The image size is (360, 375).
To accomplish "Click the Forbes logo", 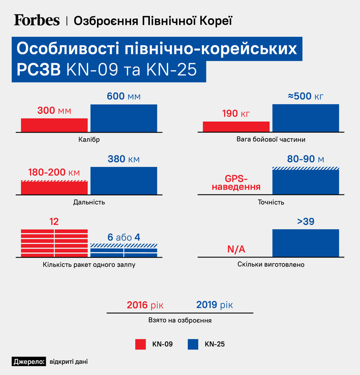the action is tap(37, 20).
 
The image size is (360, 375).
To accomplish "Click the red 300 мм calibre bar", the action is tap(54, 125).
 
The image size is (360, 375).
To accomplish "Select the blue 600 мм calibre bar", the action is tap(124, 118).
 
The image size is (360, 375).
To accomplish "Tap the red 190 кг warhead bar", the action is tap(236, 127).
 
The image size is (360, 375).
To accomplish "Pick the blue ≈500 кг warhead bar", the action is tap(305, 118).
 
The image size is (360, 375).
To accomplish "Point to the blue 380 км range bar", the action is tap(124, 181).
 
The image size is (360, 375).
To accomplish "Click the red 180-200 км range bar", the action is tap(54, 188).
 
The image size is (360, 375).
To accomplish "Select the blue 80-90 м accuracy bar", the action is tap(305, 181).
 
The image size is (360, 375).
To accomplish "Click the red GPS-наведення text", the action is tap(236, 183).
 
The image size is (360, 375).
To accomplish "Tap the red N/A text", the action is tap(236, 249).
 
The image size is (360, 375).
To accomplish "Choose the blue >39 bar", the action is tap(305, 243).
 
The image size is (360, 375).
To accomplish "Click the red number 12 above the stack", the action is tap(54, 222).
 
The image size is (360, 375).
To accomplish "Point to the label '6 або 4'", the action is tap(124, 237).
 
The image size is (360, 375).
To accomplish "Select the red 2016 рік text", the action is tap(145, 305).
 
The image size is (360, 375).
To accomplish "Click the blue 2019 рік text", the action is tap(214, 305).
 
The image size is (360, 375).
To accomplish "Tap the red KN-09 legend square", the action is tap(140, 344).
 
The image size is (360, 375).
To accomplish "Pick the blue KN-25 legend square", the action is tap(193, 344).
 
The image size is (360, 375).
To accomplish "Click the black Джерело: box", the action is tap(29, 362).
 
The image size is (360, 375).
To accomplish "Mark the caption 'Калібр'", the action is tap(89, 140).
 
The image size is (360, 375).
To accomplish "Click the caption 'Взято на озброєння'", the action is tap(180, 320).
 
